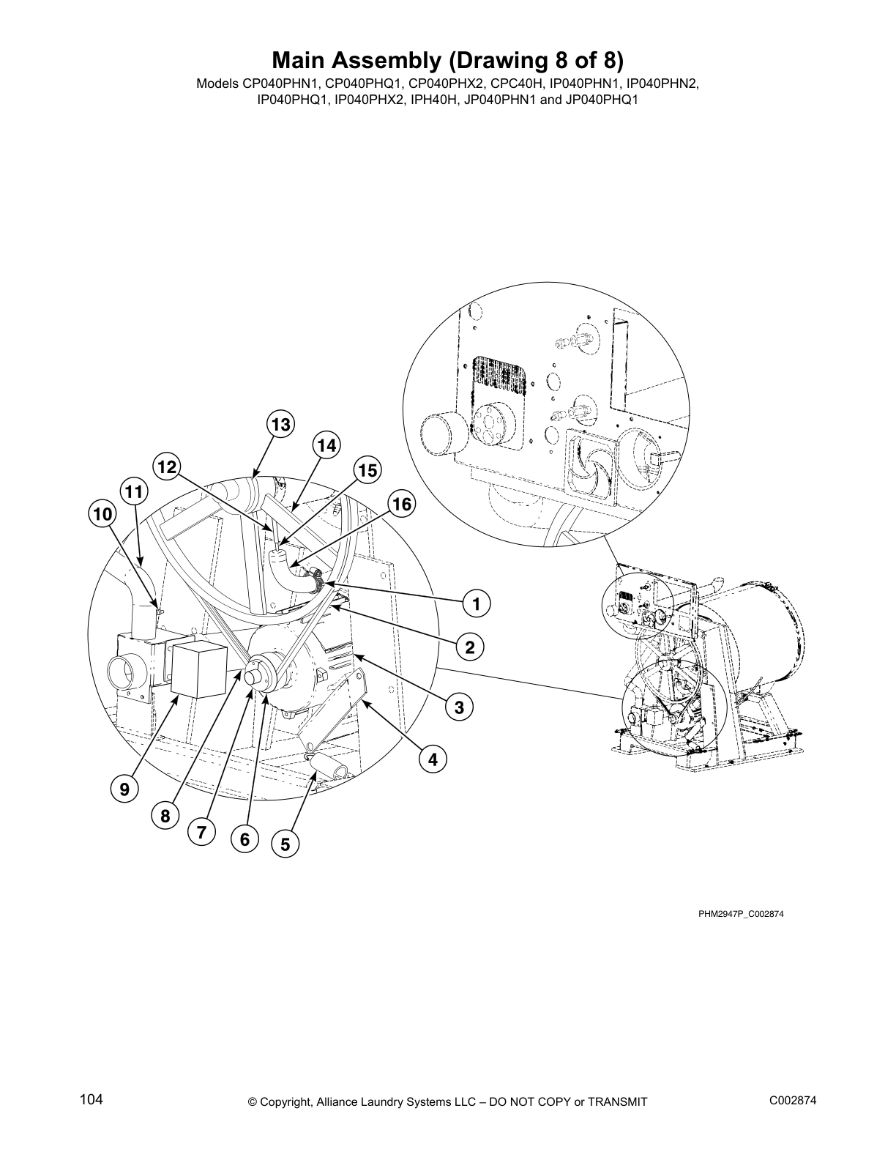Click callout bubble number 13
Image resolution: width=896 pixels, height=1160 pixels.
click(280, 425)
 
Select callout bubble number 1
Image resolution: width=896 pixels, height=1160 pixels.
click(476, 604)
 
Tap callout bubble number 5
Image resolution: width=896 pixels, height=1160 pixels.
click(285, 844)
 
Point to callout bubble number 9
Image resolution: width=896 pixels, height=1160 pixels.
click(124, 789)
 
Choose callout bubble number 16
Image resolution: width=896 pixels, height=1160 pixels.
click(402, 504)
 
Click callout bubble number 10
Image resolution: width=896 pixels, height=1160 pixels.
click(102, 514)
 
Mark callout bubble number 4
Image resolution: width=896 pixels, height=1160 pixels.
click(433, 759)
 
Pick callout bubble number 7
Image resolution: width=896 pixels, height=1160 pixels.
click(201, 832)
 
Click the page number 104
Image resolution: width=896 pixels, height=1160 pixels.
click(92, 1099)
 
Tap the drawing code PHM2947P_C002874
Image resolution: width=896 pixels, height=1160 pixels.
click(741, 914)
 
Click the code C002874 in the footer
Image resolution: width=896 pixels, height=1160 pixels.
click(793, 1101)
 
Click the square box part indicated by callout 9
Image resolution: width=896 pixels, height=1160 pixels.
click(198, 669)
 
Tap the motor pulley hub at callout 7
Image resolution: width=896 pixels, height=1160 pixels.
click(258, 672)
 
